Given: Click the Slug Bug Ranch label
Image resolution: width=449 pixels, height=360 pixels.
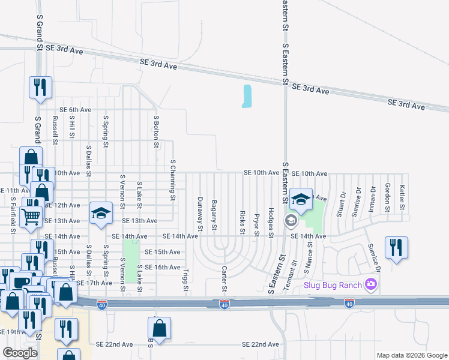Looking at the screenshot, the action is [x=332, y=284].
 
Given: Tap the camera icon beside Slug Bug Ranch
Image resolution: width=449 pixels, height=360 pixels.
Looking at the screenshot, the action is [x=372, y=284].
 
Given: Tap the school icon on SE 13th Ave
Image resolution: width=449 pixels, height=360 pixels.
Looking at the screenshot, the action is [x=101, y=213].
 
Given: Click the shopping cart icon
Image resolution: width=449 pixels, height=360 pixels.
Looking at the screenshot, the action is [x=31, y=215].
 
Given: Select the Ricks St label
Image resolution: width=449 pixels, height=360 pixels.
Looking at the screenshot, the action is [x=242, y=222].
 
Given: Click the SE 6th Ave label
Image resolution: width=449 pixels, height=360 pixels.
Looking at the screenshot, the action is [x=75, y=110].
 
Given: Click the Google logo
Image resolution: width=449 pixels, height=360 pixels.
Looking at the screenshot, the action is [x=20, y=353].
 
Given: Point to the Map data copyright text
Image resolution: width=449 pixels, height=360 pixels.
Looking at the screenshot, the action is [x=411, y=355].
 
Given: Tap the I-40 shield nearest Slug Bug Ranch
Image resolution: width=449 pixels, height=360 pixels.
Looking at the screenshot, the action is [x=349, y=304].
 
